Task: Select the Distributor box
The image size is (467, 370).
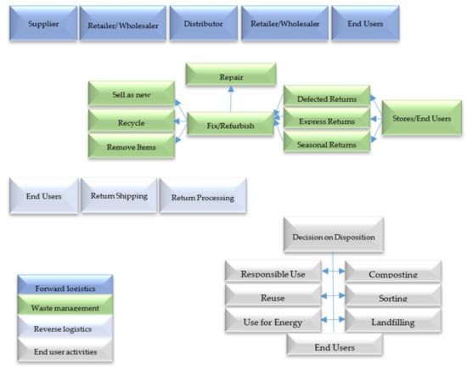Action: (x=202, y=25)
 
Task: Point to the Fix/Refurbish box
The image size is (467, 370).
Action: (x=231, y=125)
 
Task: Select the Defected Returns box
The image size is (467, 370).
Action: (x=327, y=98)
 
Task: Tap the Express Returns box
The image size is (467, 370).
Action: (x=327, y=121)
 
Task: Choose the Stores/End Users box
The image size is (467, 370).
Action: (x=421, y=118)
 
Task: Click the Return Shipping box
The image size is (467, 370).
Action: (x=119, y=196)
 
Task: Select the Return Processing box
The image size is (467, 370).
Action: (x=203, y=196)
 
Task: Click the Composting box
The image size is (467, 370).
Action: (x=392, y=272)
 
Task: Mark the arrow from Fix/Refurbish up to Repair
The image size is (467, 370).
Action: (x=231, y=99)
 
